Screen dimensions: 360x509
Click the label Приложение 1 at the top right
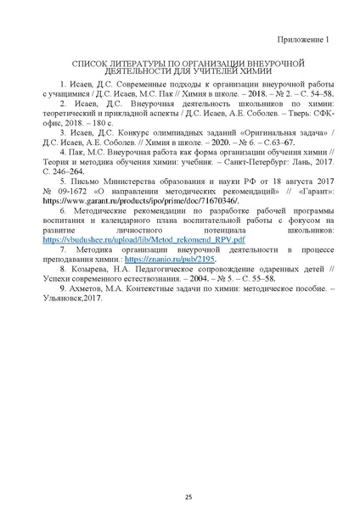point(301,41)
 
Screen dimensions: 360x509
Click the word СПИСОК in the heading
point(93,64)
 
